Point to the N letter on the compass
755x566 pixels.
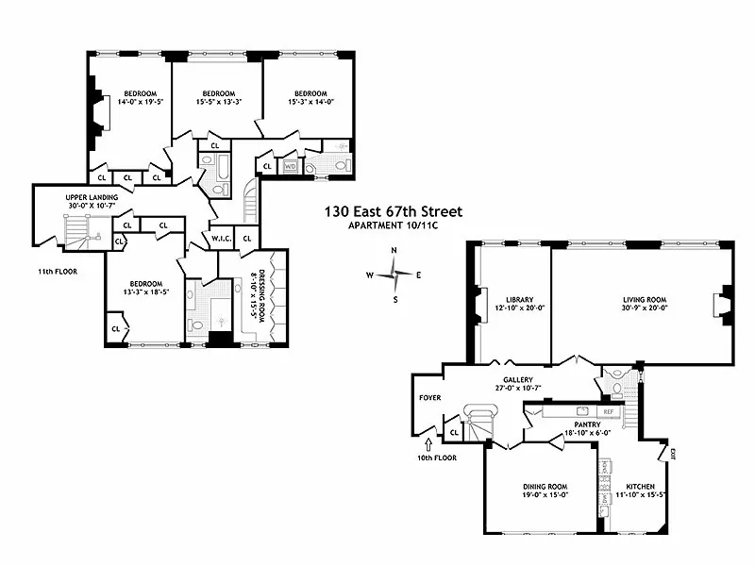tap(394, 250)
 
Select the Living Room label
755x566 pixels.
tap(639, 299)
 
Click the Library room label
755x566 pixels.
tap(514, 299)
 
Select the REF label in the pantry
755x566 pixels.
tap(609, 412)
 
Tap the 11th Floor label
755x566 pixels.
tap(57, 271)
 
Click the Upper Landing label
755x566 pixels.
tap(92, 197)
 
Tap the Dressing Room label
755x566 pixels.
tap(253, 293)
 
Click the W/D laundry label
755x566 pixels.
tap(291, 166)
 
